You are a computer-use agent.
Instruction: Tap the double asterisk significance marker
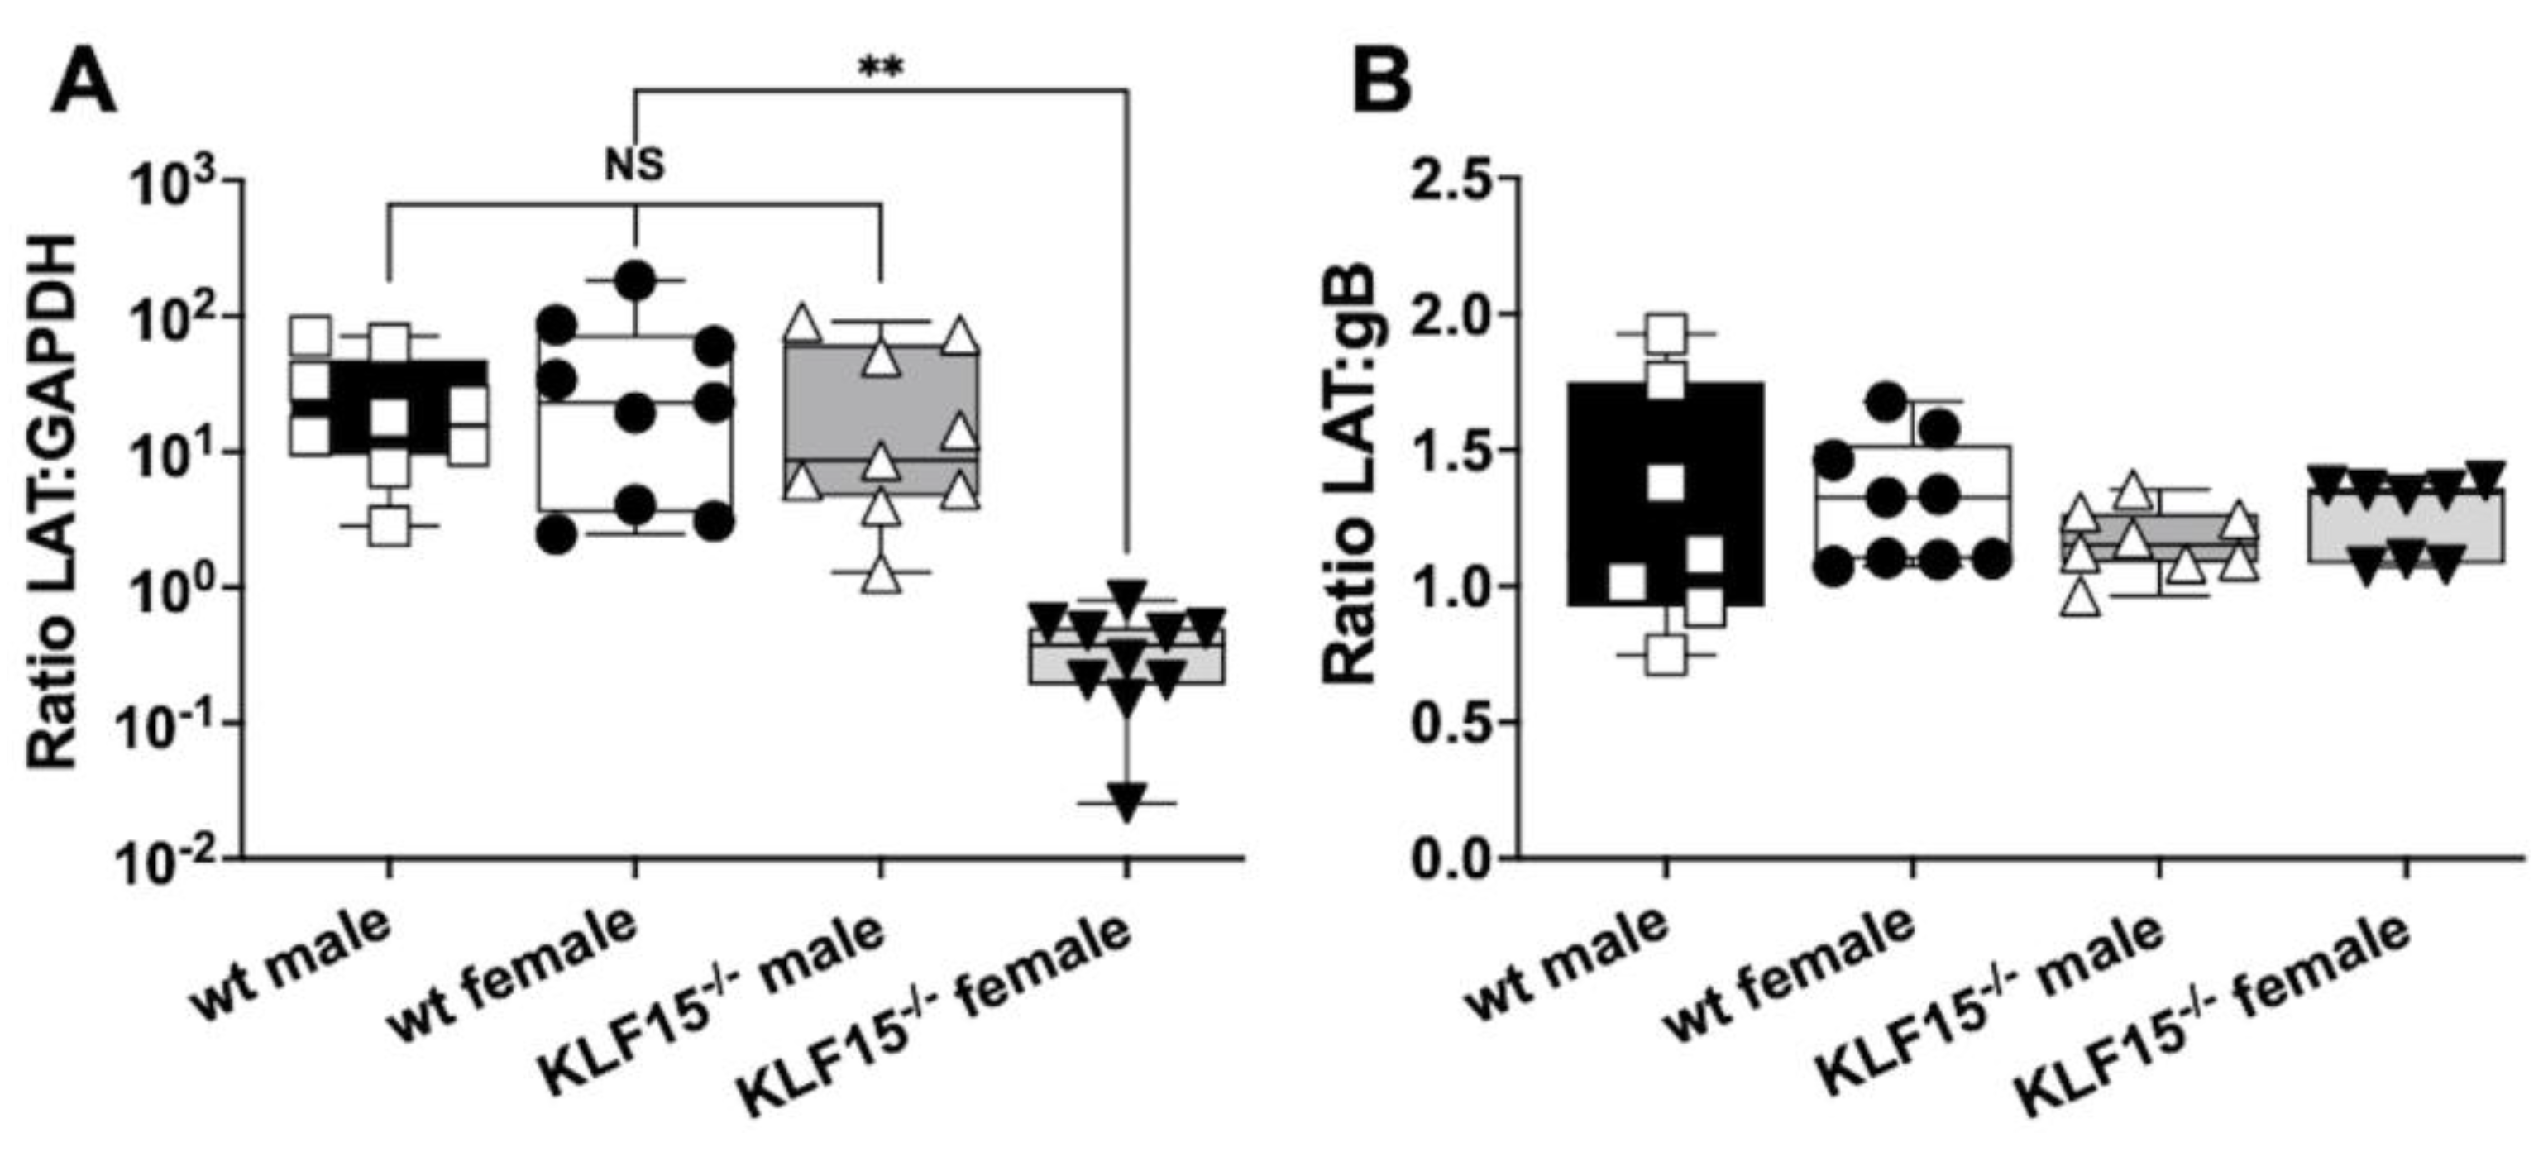880,69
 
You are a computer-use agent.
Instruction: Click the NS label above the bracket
634,165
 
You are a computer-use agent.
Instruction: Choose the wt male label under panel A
293,965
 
